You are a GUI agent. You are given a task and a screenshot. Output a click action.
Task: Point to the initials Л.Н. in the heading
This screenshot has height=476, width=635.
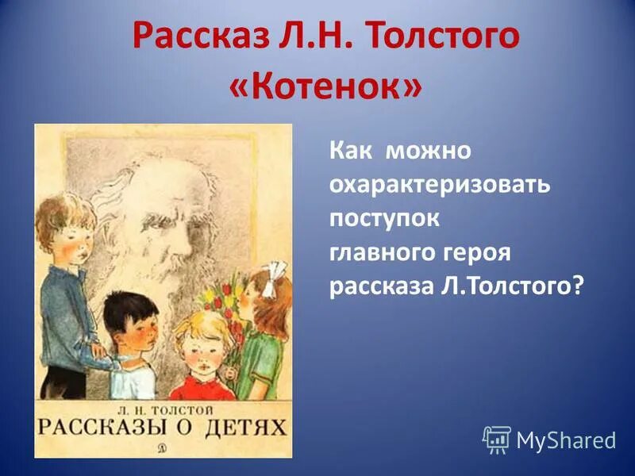pos(317,36)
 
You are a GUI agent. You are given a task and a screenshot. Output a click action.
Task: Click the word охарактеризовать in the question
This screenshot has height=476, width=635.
pos(440,185)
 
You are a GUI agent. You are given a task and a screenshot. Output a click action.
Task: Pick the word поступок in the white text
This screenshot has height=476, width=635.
pos(384,218)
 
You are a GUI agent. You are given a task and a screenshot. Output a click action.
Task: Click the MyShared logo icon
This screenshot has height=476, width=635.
pos(497,439)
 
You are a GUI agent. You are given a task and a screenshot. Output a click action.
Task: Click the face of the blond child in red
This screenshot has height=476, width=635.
pos(194,350)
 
